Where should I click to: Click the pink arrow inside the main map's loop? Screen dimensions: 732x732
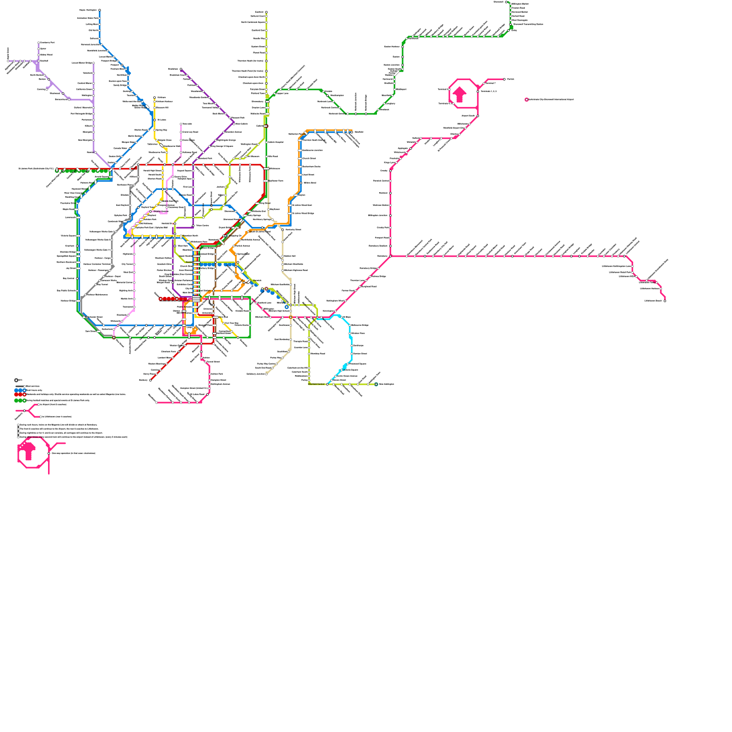coord(460,95)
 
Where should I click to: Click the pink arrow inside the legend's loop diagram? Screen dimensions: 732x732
coord(28,451)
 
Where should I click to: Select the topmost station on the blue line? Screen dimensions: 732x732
coord(100,10)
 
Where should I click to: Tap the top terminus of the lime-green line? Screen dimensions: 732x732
coord(266,12)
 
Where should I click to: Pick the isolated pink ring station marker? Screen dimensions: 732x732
coord(527,99)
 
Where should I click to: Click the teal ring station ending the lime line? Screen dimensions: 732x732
coord(376,384)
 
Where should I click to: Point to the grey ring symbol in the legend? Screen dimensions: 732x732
coord(16,380)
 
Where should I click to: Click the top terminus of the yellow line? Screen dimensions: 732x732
coord(155,97)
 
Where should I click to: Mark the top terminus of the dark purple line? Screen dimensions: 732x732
coord(181,70)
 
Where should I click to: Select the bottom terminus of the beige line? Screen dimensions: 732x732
coord(266,374)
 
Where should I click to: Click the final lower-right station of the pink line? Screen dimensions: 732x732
coord(665,301)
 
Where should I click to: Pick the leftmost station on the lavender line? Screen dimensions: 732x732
coord(8,61)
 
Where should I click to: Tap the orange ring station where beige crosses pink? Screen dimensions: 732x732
coord(291,317)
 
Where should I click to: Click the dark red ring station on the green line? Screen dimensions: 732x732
coord(114,338)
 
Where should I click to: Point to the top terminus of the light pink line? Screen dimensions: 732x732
coord(181,124)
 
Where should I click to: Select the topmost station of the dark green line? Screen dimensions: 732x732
coord(506,2)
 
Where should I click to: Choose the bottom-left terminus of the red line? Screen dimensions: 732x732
coord(151,380)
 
